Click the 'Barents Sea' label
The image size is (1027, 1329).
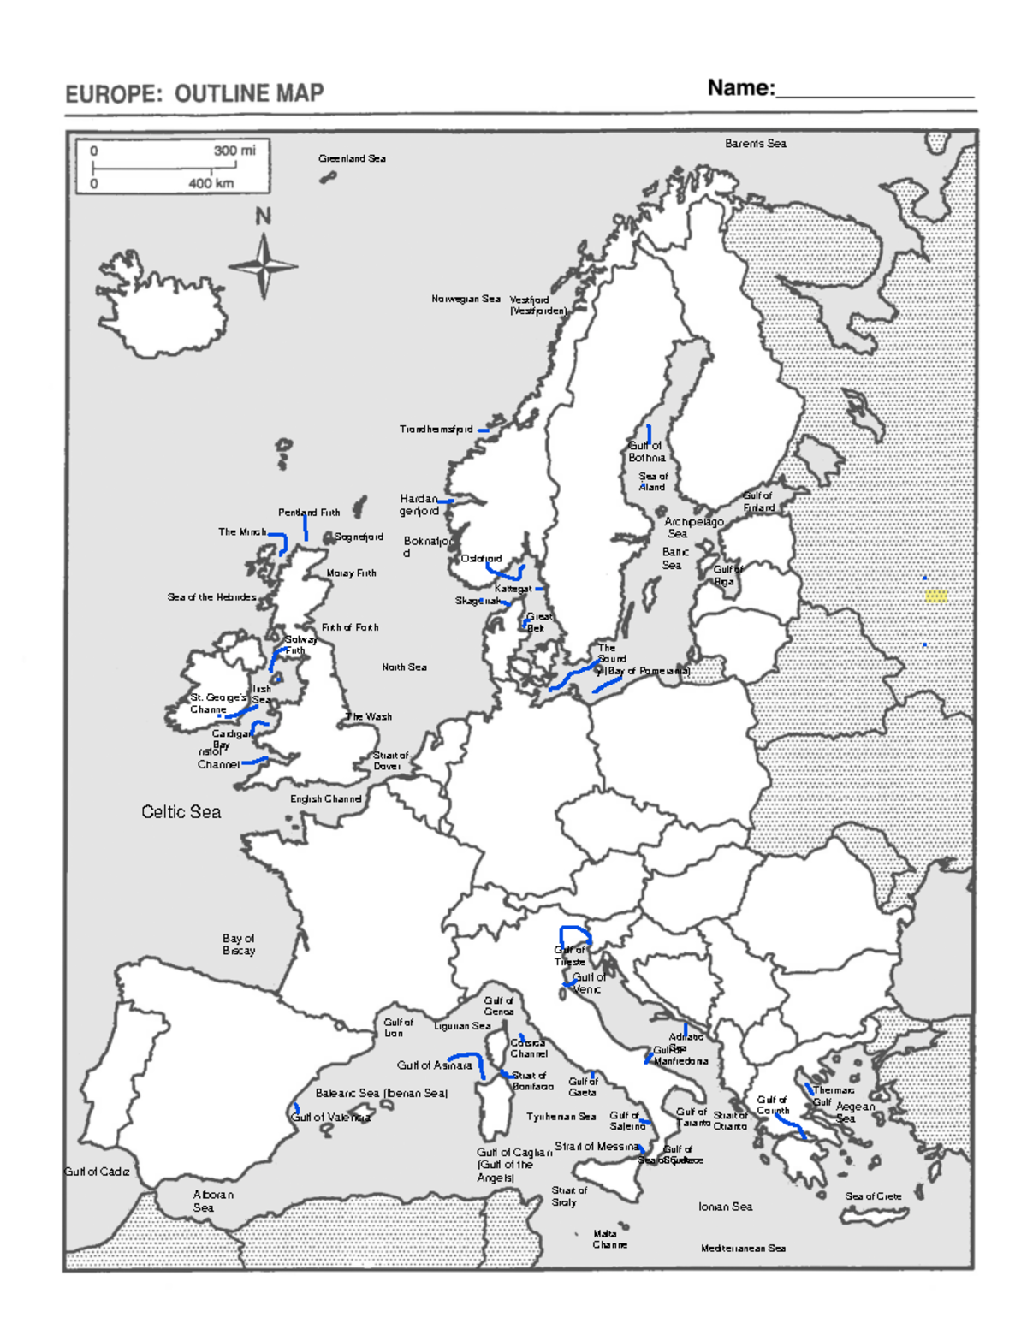point(755,144)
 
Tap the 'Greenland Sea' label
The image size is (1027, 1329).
point(352,158)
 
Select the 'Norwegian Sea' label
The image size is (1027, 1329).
point(466,299)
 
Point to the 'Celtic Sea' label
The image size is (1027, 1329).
point(181,812)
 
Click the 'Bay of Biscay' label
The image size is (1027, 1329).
point(239,945)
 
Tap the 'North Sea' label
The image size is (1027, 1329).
point(404,667)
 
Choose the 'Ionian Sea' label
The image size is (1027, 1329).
point(725,1207)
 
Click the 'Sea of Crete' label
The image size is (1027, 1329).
point(873,1196)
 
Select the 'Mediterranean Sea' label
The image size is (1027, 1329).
point(743,1249)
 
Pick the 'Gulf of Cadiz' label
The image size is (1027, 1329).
point(98,1172)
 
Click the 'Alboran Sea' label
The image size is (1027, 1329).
point(212,1201)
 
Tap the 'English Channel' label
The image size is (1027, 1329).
point(325,798)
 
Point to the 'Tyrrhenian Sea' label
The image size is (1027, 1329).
point(561,1117)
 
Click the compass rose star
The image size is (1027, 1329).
point(264,265)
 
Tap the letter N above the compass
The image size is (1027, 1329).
point(264,217)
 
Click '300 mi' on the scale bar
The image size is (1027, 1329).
point(234,151)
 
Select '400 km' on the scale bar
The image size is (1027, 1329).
point(211,183)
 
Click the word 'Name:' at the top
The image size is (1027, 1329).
point(740,88)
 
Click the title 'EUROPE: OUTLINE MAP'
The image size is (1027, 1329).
point(194,93)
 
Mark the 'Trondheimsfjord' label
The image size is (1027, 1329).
point(436,430)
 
